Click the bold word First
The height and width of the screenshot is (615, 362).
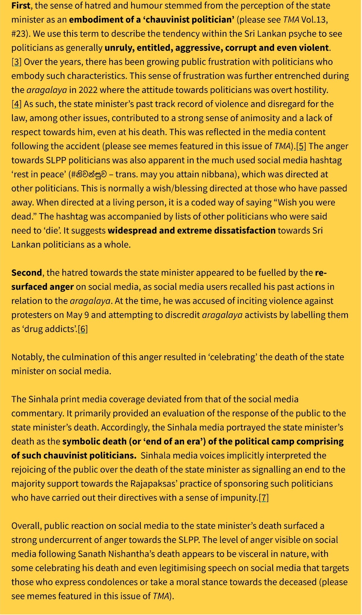click(x=21, y=5)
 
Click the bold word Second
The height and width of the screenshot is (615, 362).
click(x=27, y=272)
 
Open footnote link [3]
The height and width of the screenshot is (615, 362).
click(x=16, y=62)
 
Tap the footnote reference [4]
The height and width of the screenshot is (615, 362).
click(x=16, y=104)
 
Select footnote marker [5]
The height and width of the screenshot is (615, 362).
click(x=301, y=146)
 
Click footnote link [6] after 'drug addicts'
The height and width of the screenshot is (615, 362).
click(x=83, y=329)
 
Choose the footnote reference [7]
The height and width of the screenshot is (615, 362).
click(x=264, y=498)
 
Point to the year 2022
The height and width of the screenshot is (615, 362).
click(x=88, y=90)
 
